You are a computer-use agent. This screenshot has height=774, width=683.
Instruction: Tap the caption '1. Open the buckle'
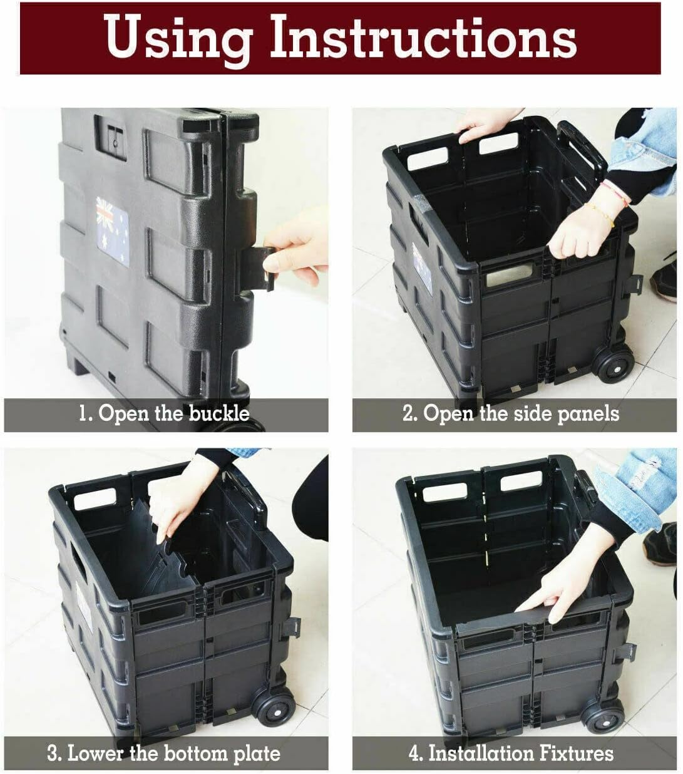pos(164,414)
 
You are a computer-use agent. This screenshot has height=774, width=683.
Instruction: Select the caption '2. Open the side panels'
pos(510,414)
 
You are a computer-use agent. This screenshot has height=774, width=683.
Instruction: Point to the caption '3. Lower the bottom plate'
pos(164,753)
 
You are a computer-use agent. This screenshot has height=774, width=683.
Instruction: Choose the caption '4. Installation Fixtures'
pos(510,753)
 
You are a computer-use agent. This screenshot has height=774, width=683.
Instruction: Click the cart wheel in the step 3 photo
pos(275,708)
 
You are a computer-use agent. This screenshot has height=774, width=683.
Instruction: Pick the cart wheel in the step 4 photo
pos(603,714)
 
